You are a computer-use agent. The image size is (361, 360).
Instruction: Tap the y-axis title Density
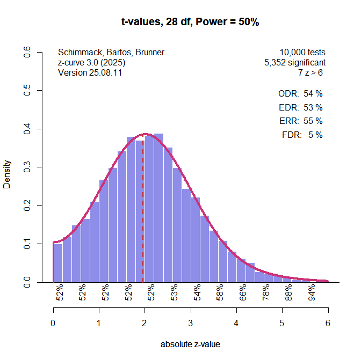point(8,174)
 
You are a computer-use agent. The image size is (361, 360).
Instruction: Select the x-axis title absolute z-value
point(191,344)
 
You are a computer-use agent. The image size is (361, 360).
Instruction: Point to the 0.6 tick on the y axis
point(27,53)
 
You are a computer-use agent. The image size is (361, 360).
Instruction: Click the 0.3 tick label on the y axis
point(27,167)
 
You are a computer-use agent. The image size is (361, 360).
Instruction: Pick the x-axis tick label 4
point(236,323)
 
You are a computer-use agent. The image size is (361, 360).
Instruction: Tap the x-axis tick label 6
point(328,323)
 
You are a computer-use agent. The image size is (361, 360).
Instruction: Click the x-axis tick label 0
point(53,323)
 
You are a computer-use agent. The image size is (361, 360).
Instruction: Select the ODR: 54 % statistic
point(300,93)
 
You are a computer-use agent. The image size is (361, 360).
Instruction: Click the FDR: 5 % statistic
point(302,135)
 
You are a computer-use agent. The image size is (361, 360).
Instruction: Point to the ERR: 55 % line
point(301,121)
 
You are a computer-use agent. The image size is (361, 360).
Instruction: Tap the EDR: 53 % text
point(301,107)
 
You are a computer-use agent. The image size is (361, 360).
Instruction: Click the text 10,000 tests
point(302,53)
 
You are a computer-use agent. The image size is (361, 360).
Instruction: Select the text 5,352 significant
point(295,63)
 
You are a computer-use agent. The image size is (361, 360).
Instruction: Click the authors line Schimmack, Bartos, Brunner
point(111,53)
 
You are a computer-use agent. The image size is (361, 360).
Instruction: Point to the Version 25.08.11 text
point(90,73)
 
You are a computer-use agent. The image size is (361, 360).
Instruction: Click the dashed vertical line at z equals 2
point(143,215)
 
